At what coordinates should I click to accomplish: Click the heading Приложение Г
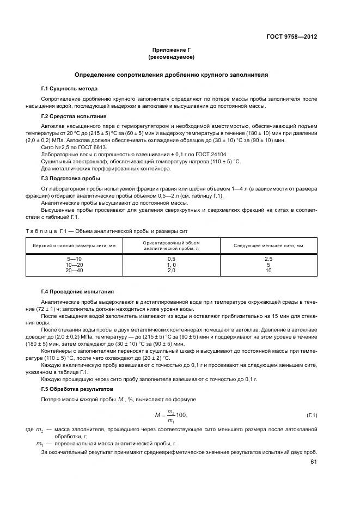click(171, 50)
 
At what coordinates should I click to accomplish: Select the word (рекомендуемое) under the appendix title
click(171, 57)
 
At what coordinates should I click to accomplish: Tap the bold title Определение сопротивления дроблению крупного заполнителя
click(171, 75)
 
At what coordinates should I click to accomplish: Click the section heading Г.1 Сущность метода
click(69, 88)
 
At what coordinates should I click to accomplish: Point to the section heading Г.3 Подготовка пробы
click(70, 179)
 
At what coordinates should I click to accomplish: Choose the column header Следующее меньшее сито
click(269, 246)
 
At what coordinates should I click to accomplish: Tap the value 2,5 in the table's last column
click(269, 258)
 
